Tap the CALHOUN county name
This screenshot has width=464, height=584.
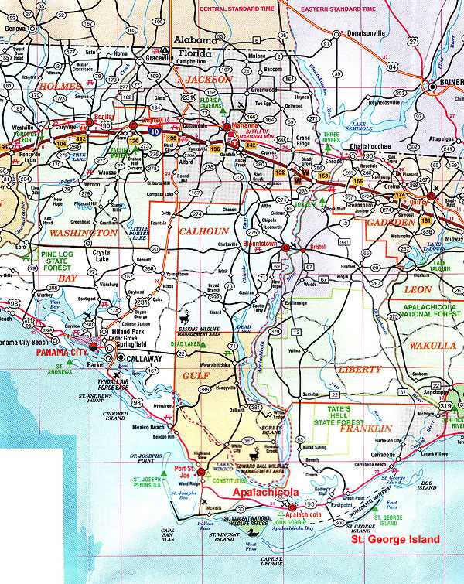click(204, 231)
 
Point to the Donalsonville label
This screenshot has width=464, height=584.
click(361, 35)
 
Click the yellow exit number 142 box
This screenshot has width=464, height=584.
click(251, 144)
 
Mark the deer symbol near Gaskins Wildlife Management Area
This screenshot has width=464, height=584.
click(186, 316)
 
